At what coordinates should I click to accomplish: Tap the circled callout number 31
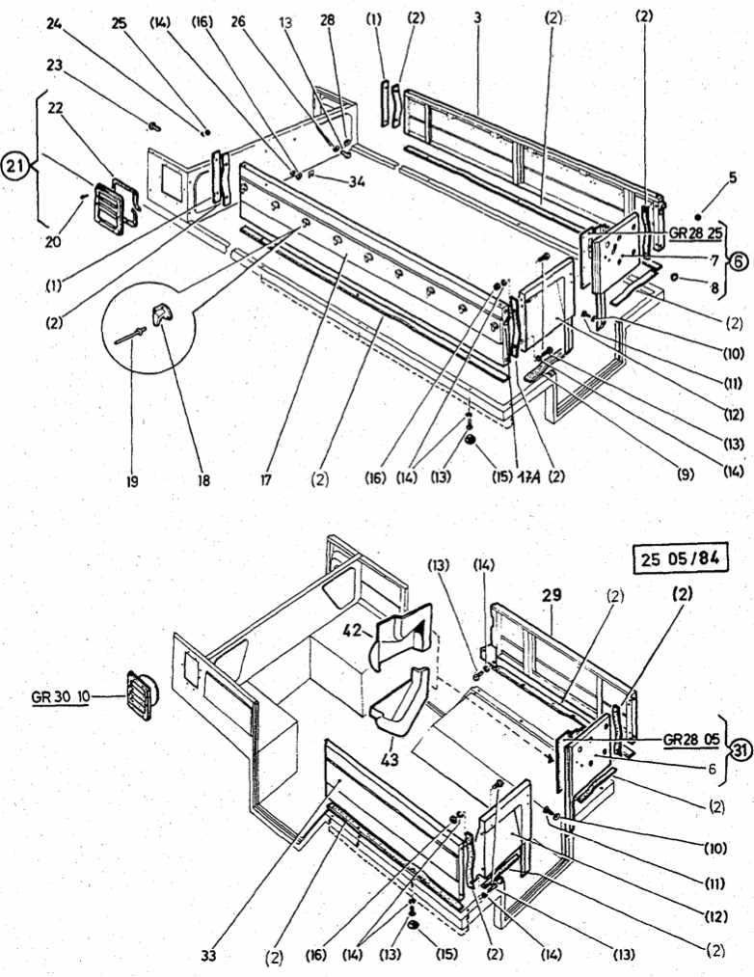tap(740, 748)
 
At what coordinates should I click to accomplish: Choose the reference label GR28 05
tap(691, 740)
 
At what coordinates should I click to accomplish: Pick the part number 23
tap(52, 66)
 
